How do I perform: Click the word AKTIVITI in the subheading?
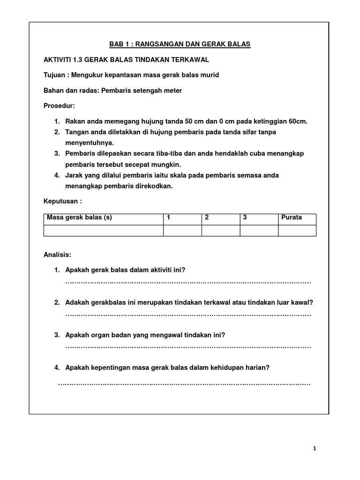(58, 60)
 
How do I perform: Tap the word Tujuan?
(55, 75)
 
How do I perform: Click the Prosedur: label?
(59, 105)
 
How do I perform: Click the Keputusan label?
(61, 202)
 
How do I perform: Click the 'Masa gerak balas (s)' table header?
(79, 217)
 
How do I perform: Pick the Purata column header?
(292, 217)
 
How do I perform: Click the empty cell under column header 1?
(182, 230)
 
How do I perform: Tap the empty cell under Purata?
(297, 230)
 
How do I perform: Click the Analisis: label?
(57, 255)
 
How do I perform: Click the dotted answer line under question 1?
(188, 282)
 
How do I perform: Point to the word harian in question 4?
(256, 368)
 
